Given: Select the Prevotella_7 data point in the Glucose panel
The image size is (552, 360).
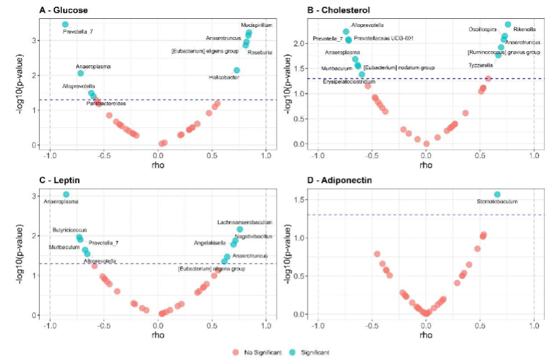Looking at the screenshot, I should pos(65,25).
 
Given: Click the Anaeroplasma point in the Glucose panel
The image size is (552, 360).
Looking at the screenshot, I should pos(81,73).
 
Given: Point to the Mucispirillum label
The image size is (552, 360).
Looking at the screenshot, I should pos(257,25).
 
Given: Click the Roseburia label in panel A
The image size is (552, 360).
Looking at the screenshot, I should pos(261,52).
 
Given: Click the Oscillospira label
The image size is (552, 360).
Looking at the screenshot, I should pos(485,30).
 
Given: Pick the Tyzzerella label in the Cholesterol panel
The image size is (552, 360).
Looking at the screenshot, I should pos(481,65).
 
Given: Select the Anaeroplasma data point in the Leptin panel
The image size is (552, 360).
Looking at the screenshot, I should pos(66,194).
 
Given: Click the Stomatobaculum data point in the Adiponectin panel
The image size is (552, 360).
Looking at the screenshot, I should pos(497,194).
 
